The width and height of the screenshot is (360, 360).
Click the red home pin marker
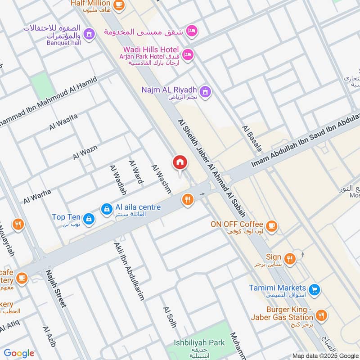click(180, 162)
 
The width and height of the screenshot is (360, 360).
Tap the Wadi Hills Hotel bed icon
click(188, 54)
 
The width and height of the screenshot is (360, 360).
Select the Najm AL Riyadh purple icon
click(206, 92)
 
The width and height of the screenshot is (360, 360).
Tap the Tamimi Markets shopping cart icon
click(315, 290)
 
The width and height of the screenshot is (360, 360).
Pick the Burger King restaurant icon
click(321, 315)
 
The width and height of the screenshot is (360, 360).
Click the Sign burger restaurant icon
click(290, 258)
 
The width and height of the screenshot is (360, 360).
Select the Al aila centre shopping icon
click(107, 209)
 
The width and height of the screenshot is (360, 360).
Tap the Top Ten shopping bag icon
click(90, 218)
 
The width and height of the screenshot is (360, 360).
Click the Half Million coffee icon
click(118, 4)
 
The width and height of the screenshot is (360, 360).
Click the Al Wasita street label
click(63, 122)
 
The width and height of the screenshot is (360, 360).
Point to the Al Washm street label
click(161, 179)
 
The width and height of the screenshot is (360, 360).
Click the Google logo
click(19, 353)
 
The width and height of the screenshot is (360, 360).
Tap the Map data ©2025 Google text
click(325, 355)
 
